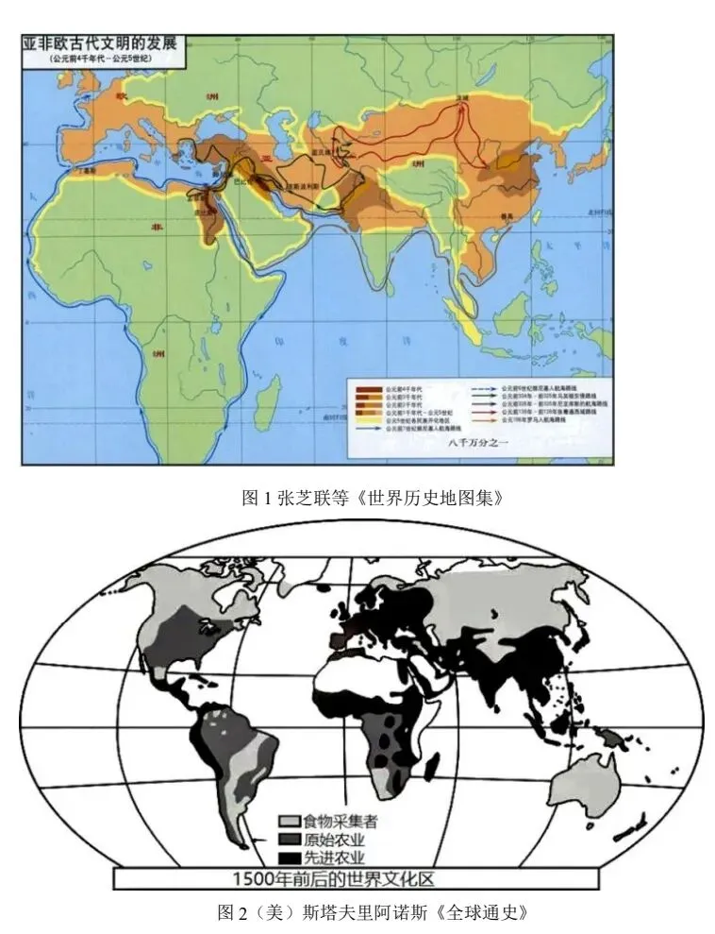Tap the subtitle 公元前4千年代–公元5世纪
(x=101, y=59)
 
